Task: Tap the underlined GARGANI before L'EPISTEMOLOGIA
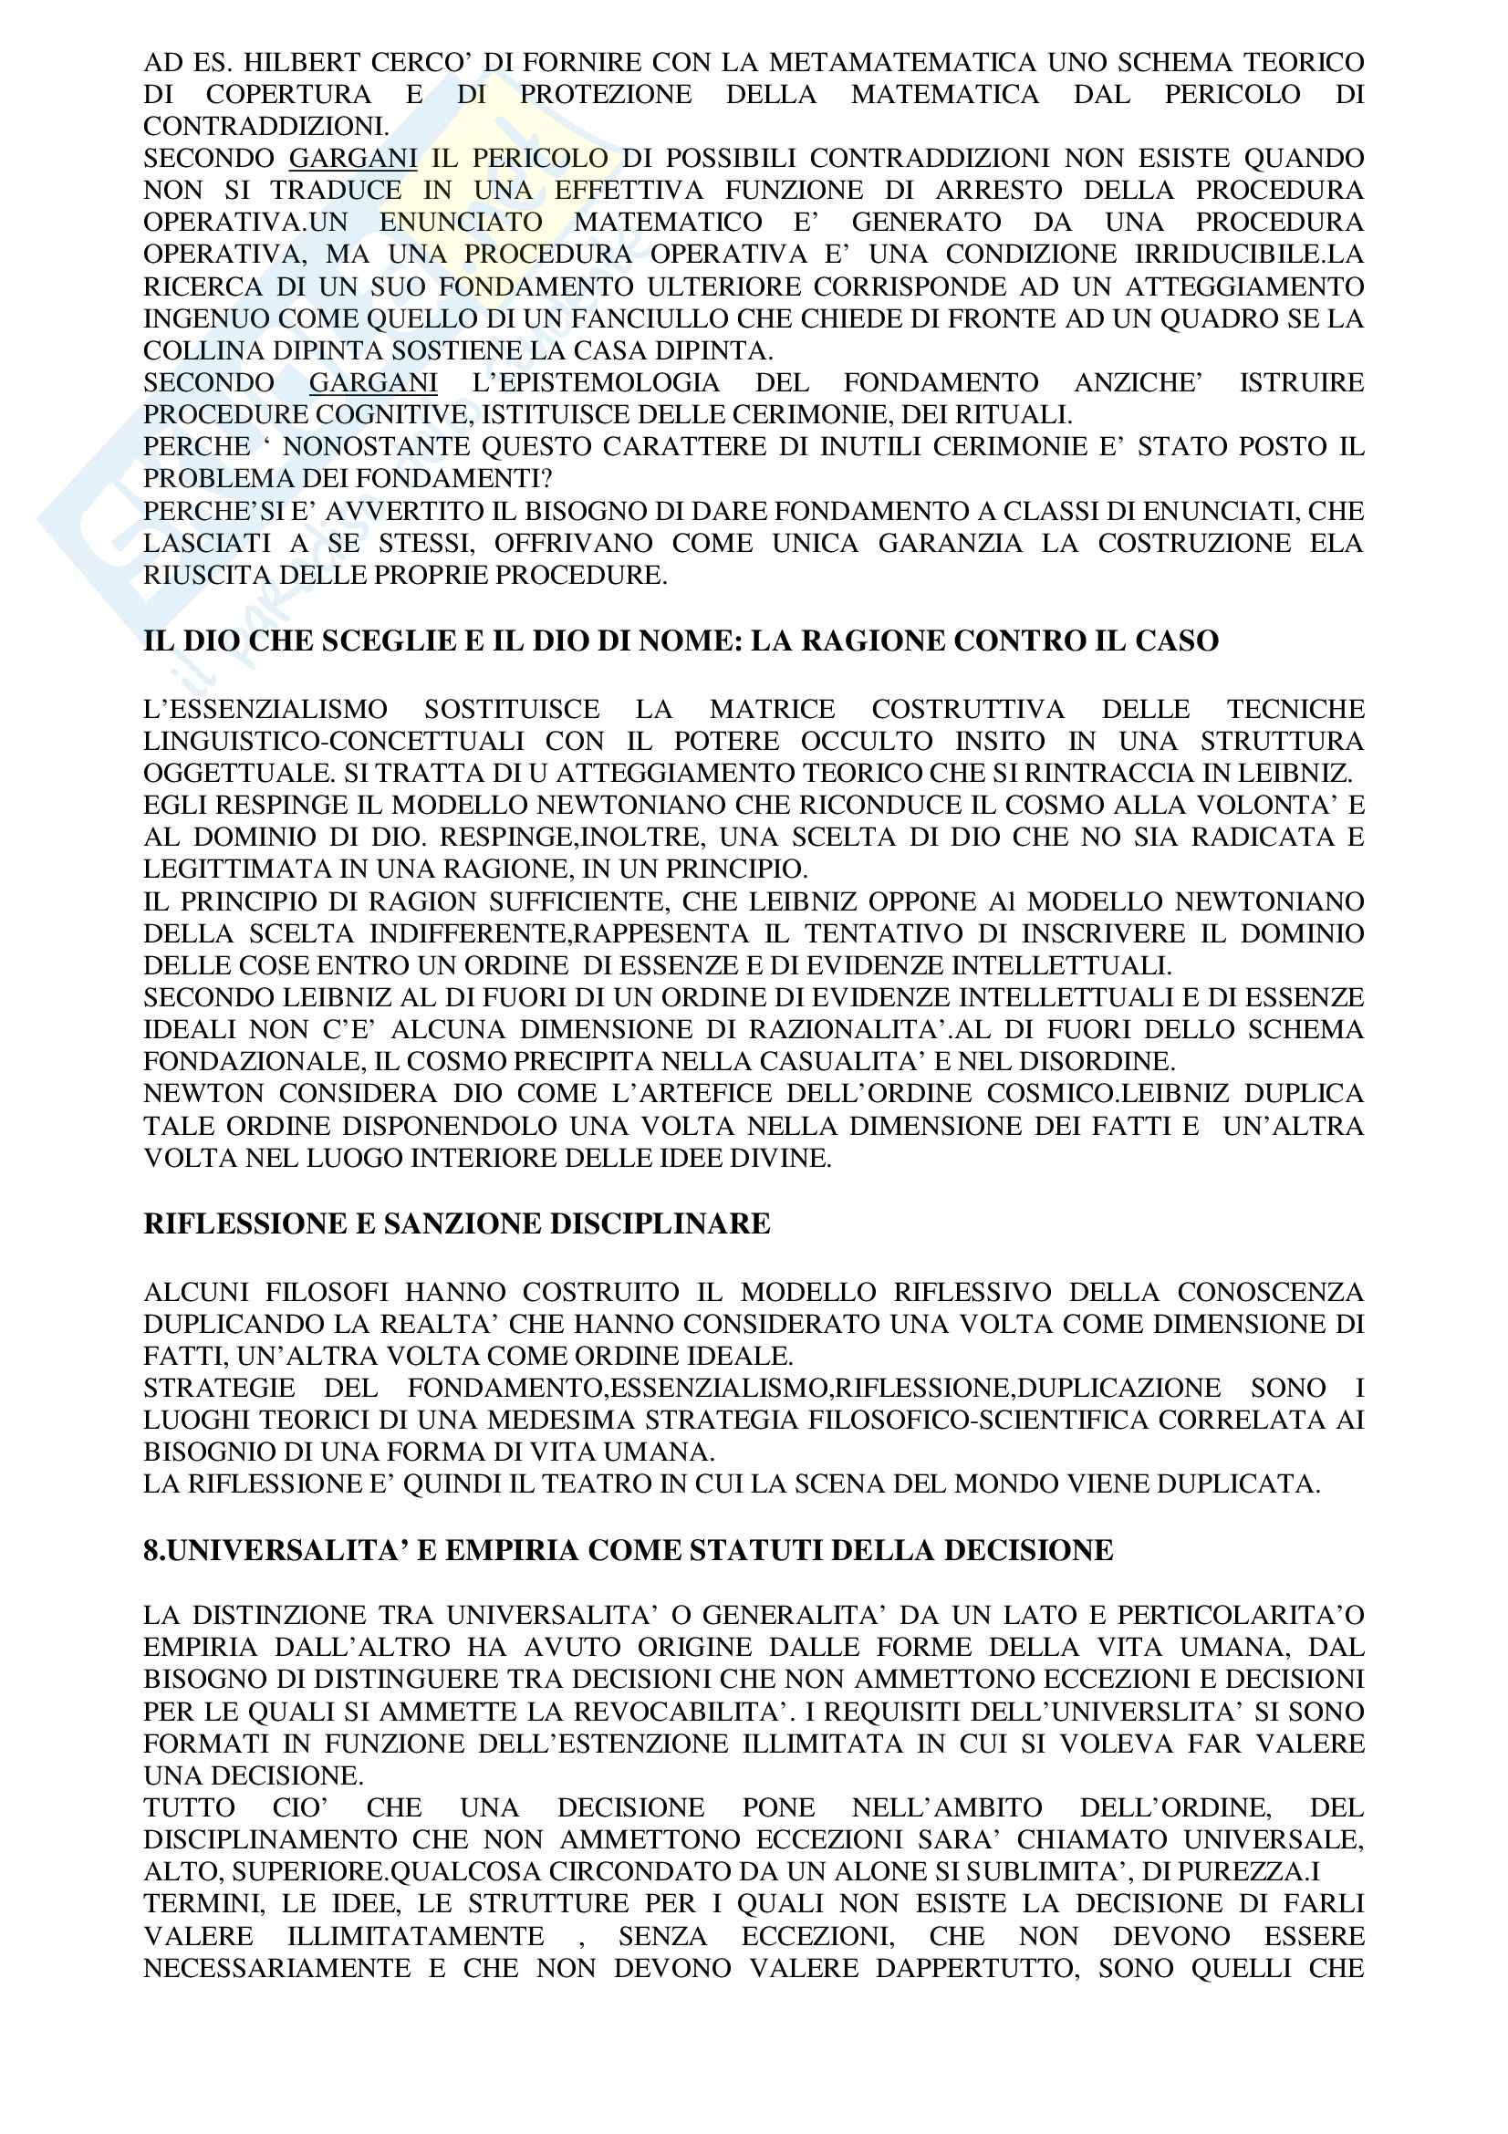click(372, 382)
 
